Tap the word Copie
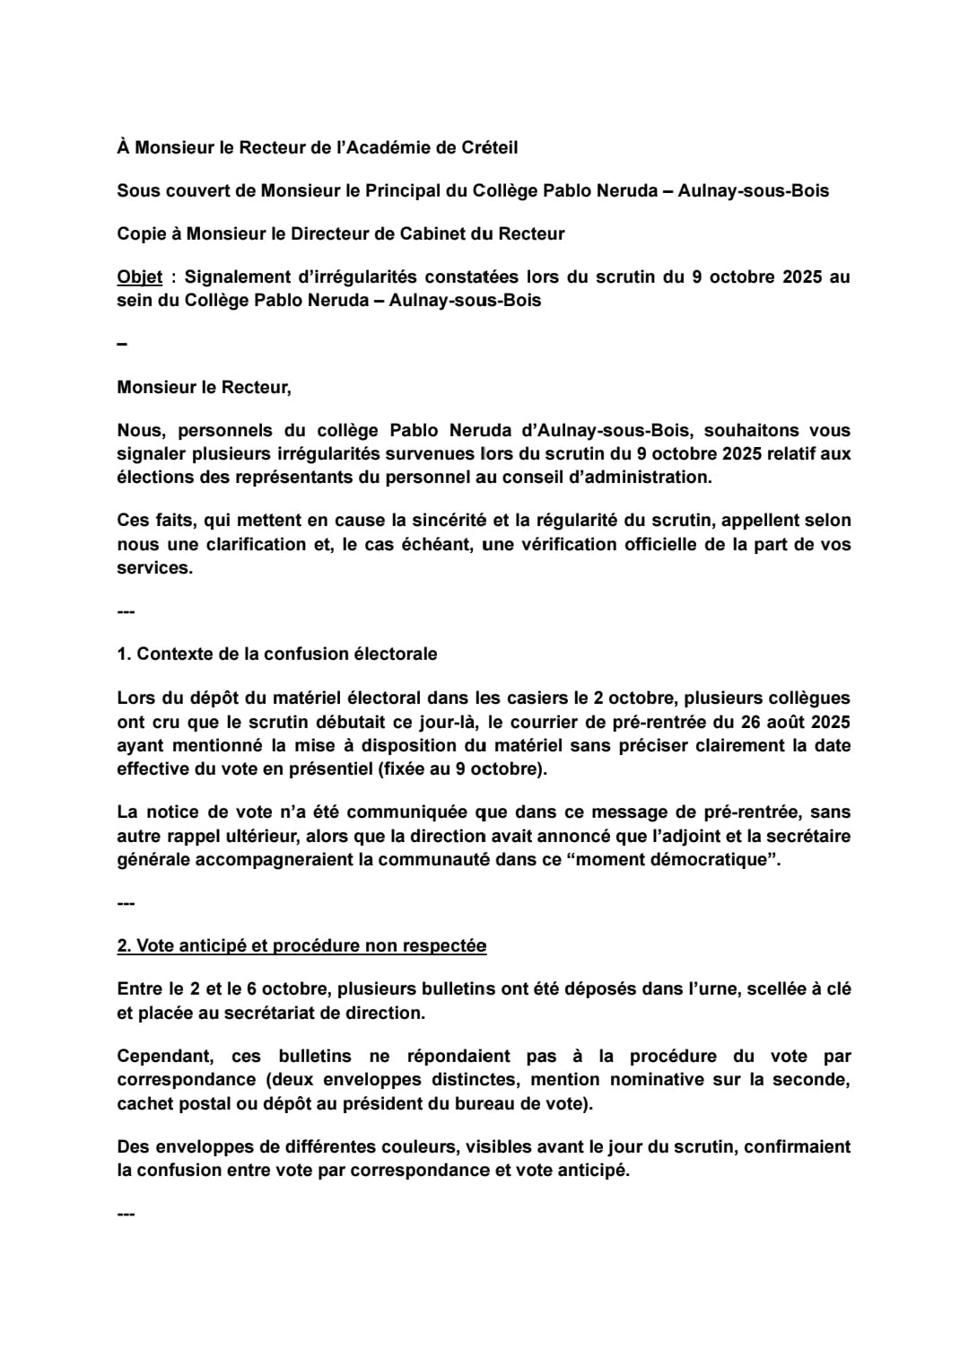coord(141,234)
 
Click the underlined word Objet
coord(139,277)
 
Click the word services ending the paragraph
coord(153,568)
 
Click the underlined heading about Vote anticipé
coord(301,946)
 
